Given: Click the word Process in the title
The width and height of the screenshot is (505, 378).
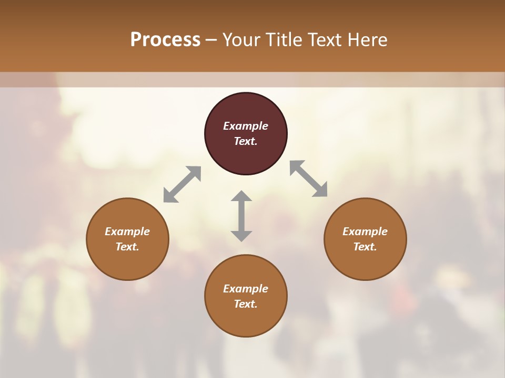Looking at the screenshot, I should tap(165, 40).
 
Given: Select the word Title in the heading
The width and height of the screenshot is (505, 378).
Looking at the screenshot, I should tap(284, 40).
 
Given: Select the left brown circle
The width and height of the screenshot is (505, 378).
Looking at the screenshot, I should tap(127, 260).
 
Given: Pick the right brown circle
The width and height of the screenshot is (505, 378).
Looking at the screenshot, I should tap(365, 260).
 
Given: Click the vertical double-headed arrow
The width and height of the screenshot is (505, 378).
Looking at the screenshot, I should tap(241, 216).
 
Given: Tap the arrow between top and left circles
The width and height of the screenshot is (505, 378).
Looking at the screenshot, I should tap(182, 184).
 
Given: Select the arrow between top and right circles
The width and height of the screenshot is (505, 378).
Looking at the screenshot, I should tap(309, 178).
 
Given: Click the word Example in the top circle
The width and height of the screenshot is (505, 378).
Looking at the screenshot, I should tap(246, 126).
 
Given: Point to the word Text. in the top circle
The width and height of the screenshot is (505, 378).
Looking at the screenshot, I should tap(246, 141).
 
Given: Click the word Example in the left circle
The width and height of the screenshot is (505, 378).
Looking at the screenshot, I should tap(127, 232).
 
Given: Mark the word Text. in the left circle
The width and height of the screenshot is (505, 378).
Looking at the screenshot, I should tap(127, 247).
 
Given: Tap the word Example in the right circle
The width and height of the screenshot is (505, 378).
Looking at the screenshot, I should tap(365, 232).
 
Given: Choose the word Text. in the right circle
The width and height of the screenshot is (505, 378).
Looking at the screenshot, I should tap(365, 247).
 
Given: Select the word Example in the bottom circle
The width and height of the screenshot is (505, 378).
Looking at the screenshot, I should tap(246, 289).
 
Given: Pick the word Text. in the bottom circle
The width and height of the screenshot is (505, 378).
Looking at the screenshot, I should tap(246, 304).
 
